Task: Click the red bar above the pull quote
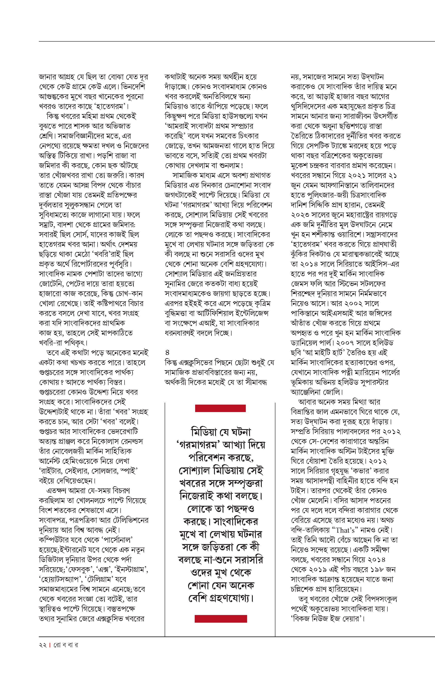pyautogui.click(x=220, y=408)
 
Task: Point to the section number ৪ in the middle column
pyautogui.click(x=167, y=352)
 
